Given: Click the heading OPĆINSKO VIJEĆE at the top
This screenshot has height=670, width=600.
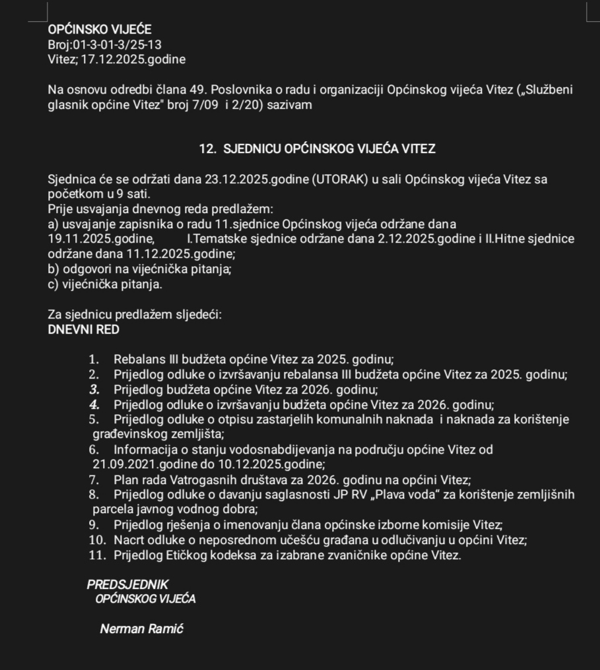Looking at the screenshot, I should click(x=100, y=30).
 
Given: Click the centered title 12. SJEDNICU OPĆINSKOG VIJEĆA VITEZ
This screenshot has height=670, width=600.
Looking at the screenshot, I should click(x=317, y=149).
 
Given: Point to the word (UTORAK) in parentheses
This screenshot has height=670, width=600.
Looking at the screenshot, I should click(x=337, y=179).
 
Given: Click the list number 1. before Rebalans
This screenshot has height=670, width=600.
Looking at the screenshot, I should click(x=94, y=360).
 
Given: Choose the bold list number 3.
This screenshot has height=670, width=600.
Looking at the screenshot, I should click(x=94, y=390).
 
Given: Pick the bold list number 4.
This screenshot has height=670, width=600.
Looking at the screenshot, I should click(x=94, y=405).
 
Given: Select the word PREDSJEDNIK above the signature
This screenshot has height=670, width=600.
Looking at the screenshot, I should click(x=127, y=585).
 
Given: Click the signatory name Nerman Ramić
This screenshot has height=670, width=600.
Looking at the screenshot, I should click(x=141, y=629).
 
